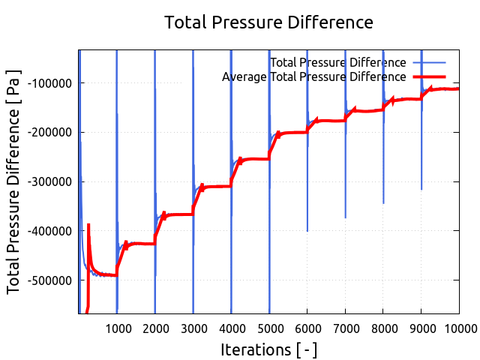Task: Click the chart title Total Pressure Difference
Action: coord(268,22)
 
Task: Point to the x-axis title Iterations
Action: coord(268,349)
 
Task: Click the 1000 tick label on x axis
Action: coord(117,327)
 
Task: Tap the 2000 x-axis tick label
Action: coord(154,327)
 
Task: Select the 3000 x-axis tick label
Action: coord(193,327)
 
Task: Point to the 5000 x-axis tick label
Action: coord(268,327)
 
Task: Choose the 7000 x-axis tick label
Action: coord(345,327)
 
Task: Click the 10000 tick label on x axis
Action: coord(457,327)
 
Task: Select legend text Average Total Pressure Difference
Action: coord(314,76)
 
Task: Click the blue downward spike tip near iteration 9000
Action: coord(421,189)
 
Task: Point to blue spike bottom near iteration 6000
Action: coord(307,230)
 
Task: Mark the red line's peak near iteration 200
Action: coord(88,225)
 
